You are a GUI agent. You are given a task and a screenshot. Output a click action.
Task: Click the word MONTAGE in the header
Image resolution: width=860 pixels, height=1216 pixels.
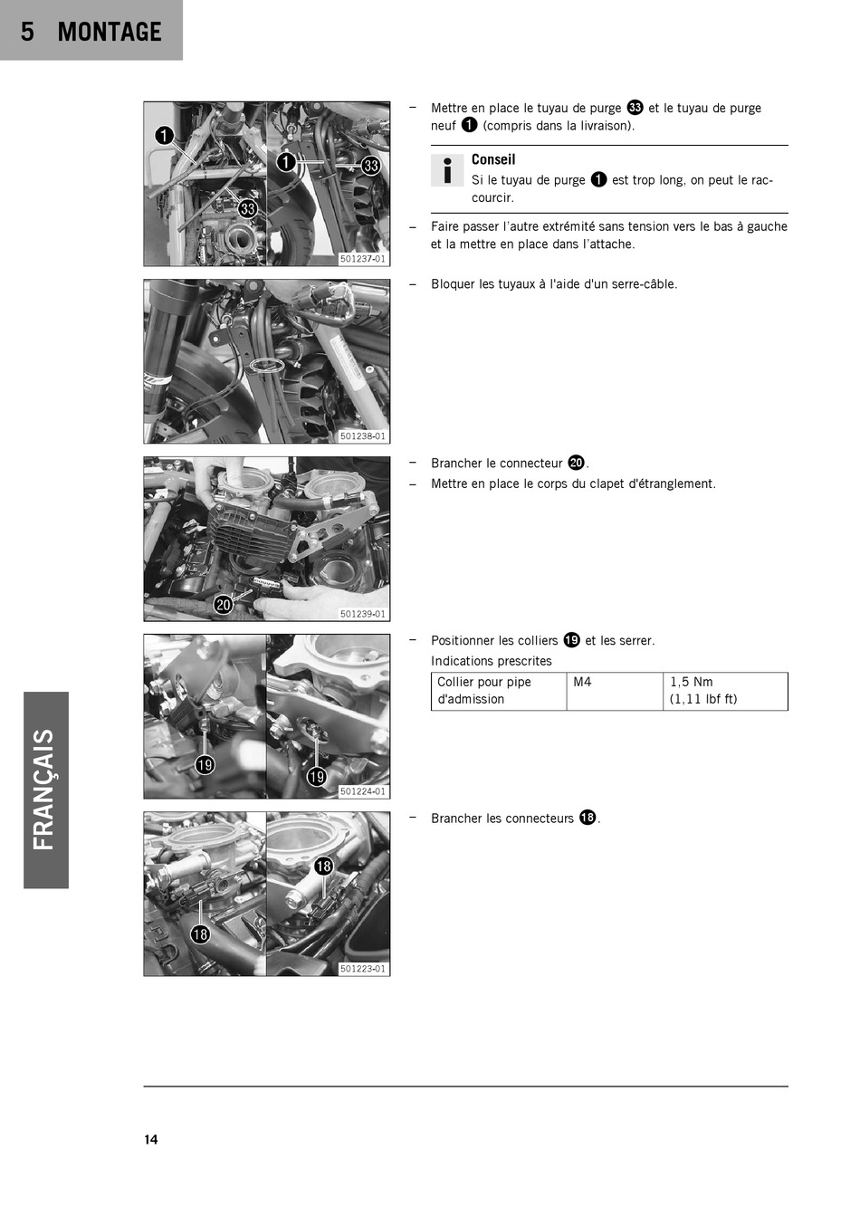tap(109, 32)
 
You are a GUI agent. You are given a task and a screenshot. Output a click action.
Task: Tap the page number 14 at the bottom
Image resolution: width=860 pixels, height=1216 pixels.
tap(151, 1139)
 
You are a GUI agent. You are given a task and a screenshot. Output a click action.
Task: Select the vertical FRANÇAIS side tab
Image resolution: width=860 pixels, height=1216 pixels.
tap(46, 790)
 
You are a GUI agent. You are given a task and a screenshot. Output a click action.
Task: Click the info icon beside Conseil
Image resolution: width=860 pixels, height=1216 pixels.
tap(447, 170)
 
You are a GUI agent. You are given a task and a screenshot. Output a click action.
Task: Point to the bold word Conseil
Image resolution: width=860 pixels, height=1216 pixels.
tap(493, 159)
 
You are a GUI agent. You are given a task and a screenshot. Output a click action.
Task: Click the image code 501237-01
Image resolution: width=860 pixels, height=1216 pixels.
tap(362, 259)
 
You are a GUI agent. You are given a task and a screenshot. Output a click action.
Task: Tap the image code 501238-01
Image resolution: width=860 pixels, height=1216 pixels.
tap(362, 436)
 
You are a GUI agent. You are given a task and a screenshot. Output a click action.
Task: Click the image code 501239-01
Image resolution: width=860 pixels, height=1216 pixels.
tap(362, 614)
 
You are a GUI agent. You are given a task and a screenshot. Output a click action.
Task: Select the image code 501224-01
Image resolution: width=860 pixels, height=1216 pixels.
tap(362, 791)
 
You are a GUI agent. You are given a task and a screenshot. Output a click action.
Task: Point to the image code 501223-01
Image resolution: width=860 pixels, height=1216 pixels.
tap(362, 969)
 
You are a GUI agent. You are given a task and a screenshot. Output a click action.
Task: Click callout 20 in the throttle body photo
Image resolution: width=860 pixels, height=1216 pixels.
tap(223, 605)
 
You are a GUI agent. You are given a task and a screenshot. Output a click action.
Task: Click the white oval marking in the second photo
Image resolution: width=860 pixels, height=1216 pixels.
tap(267, 366)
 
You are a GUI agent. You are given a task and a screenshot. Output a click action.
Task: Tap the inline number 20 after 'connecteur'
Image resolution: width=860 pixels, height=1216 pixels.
tap(577, 463)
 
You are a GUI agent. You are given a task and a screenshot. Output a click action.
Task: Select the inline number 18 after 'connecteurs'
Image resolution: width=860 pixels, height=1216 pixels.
tap(588, 818)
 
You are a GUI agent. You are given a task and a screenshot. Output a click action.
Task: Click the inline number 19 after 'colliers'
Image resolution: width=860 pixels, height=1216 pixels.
tap(571, 640)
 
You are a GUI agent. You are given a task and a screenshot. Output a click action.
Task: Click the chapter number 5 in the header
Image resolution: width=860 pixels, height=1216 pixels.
tap(27, 32)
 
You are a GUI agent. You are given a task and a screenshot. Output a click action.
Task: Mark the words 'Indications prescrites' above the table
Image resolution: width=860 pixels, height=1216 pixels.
tap(491, 661)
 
